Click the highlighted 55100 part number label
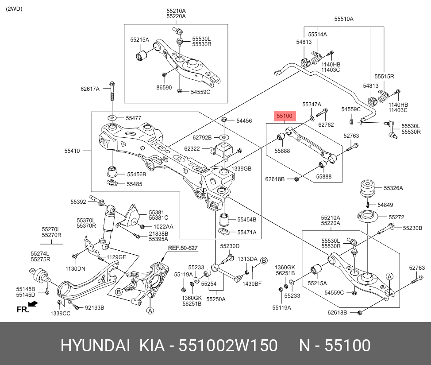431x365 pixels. point(285,116)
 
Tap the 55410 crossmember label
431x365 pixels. point(73,151)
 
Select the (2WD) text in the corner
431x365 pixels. point(15,9)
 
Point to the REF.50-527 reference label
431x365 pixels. point(182,248)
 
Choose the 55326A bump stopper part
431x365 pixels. point(367,189)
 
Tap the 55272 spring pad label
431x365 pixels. point(396,217)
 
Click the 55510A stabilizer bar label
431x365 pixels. point(344,19)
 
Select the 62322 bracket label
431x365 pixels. point(192,149)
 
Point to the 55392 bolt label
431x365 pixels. point(78,202)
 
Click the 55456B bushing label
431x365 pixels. point(136,174)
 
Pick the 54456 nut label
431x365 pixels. point(244,120)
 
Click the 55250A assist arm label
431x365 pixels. point(216,299)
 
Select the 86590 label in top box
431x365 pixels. point(164,88)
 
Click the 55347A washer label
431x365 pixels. point(312,104)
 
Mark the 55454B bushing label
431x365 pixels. point(246,219)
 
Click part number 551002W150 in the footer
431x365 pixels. point(228,346)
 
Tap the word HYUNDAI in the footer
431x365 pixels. point(95,346)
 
